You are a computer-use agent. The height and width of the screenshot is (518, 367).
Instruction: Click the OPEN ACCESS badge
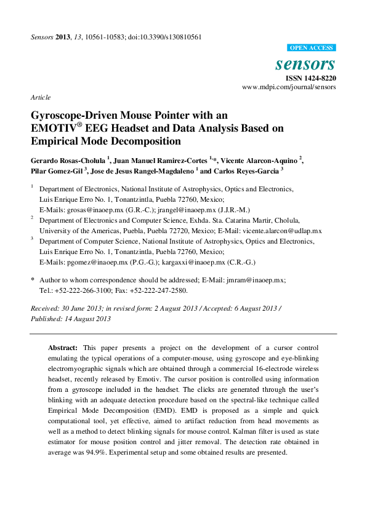point(311,47)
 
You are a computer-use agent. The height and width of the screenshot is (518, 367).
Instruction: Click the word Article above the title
point(40,97)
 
